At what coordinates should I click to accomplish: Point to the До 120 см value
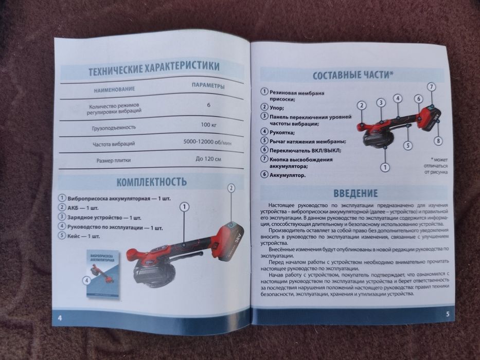208,159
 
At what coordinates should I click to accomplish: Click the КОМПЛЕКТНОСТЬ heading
151,182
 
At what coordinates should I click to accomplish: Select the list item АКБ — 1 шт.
83,208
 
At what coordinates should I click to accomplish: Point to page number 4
60,317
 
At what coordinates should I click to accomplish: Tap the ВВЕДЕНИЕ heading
355,193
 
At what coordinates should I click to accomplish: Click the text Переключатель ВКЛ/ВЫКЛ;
305,150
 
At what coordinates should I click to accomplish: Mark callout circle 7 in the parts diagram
431,87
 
